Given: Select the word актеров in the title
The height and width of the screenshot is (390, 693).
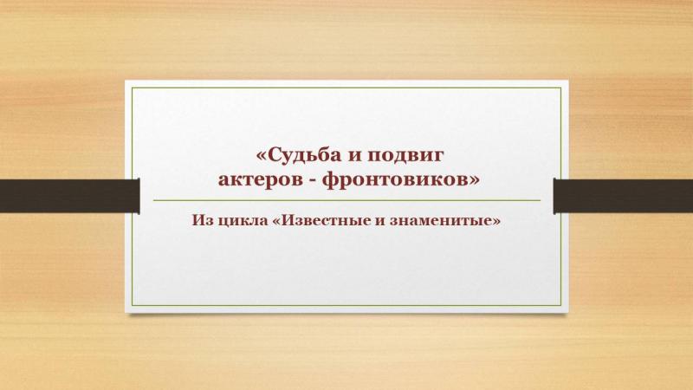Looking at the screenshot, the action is (x=264, y=180).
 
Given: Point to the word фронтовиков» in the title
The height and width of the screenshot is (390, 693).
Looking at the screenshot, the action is (x=400, y=180).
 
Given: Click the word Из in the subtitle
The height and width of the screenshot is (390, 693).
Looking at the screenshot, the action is (x=199, y=220).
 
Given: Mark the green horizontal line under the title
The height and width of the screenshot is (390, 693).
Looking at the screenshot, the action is (x=347, y=200).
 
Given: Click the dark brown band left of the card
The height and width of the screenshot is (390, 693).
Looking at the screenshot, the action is (x=70, y=196).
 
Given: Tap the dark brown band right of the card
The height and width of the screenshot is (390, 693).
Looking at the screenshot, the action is (x=623, y=196).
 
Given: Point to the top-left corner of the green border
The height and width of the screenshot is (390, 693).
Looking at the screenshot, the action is (x=132, y=88).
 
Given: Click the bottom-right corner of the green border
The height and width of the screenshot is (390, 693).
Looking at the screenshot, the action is (x=561, y=306).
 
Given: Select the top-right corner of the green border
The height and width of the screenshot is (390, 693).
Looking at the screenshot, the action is (x=561, y=88).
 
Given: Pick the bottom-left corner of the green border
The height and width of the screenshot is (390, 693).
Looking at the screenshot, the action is (x=132, y=306).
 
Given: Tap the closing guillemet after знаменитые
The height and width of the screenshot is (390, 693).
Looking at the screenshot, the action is (x=496, y=221).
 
